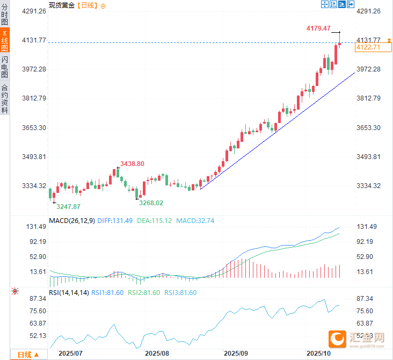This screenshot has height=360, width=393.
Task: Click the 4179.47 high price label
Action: coord(318,28)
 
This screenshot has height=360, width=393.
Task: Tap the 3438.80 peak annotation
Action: coord(132,163)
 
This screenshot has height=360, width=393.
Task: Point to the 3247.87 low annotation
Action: coord(69,206)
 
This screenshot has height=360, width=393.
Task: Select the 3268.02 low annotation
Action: coord(151,203)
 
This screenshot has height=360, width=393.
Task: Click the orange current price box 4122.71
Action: coord(368,47)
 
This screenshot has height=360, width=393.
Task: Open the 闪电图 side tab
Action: coord(5,67)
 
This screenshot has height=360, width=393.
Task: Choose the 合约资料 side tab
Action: coord(5,99)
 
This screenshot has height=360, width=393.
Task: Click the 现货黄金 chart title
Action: coord(62,5)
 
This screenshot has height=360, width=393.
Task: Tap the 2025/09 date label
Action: coord(235,354)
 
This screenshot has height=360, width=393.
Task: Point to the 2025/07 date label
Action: coord(70,354)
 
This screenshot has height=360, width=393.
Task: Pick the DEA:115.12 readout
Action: coord(154,220)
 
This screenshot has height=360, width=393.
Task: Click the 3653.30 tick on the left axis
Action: coord(33,127)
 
